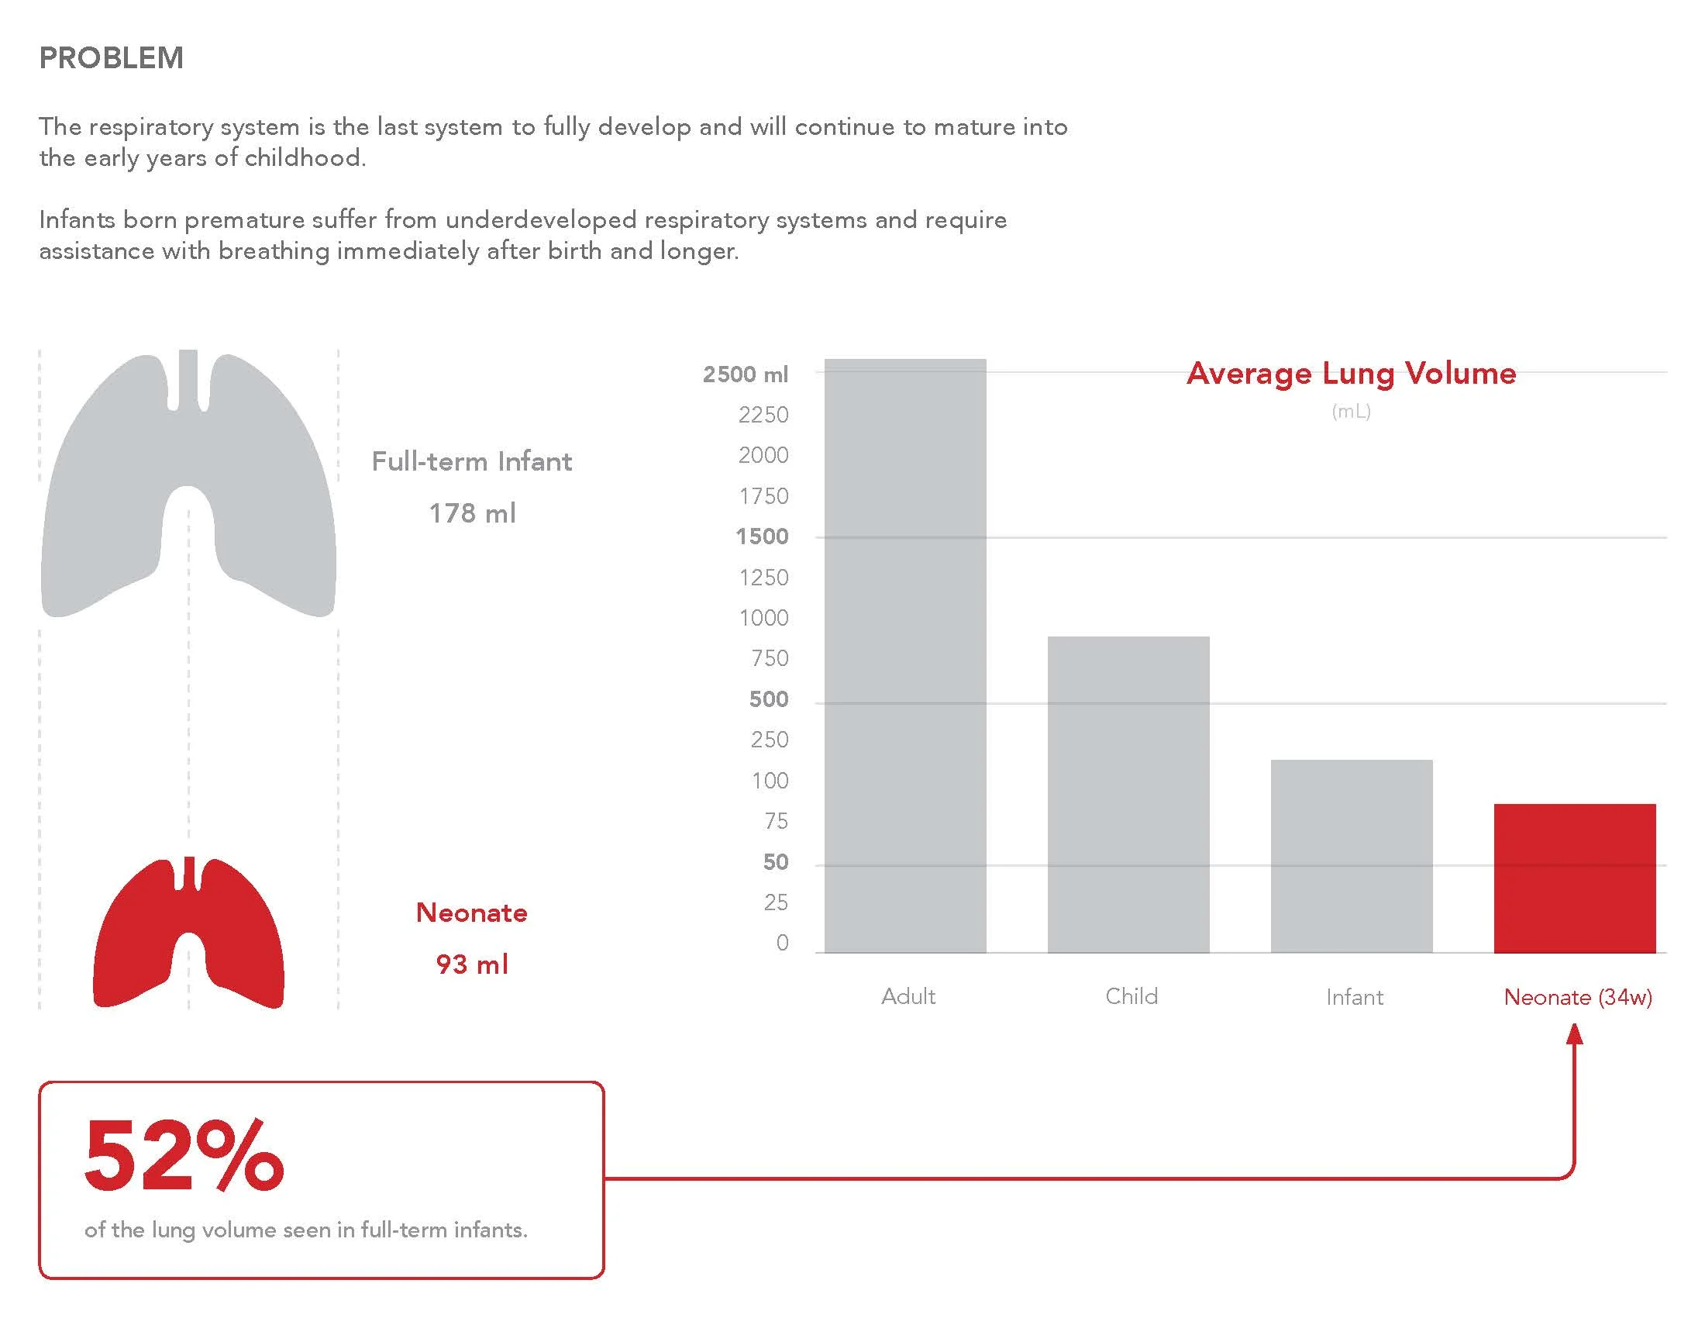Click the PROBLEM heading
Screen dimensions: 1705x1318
tap(112, 58)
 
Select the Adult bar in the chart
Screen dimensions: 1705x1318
tap(905, 656)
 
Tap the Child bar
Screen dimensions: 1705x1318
tap(1129, 795)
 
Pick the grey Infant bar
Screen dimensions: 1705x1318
tap(1352, 857)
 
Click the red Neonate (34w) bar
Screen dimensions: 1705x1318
tap(1576, 878)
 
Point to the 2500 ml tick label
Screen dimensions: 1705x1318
tap(746, 374)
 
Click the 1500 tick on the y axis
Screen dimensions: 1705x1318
tap(763, 537)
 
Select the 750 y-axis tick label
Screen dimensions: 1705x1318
tap(770, 658)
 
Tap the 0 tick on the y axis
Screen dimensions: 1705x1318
tap(782, 943)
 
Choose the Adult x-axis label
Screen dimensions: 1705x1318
tap(908, 996)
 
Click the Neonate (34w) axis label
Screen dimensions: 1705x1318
tap(1578, 997)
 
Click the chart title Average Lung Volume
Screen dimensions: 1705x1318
tap(1352, 373)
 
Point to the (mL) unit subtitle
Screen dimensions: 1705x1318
tap(1352, 412)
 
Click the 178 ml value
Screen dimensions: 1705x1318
tap(472, 513)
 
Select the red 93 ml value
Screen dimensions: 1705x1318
tap(472, 964)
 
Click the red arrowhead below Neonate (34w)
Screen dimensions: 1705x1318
tap(1575, 1033)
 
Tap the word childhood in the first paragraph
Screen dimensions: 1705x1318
tap(305, 157)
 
